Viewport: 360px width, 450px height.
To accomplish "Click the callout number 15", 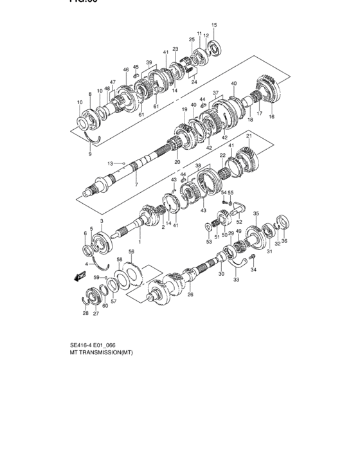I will pos(214,25).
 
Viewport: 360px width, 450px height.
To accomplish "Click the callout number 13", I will pos(110,163).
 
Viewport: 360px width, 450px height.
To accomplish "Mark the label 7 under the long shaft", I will pos(136,184).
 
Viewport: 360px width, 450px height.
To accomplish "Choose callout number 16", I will pos(271,117).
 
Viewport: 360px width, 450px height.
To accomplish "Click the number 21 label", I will pos(248,136).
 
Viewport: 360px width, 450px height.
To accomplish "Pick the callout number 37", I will pos(216,93).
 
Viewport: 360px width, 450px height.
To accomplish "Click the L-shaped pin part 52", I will pos(239,206).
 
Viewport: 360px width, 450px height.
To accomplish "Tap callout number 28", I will pos(85,314).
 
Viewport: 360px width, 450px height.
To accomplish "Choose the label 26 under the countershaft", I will pos(190,295).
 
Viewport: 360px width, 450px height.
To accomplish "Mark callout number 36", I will pos(285,242).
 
